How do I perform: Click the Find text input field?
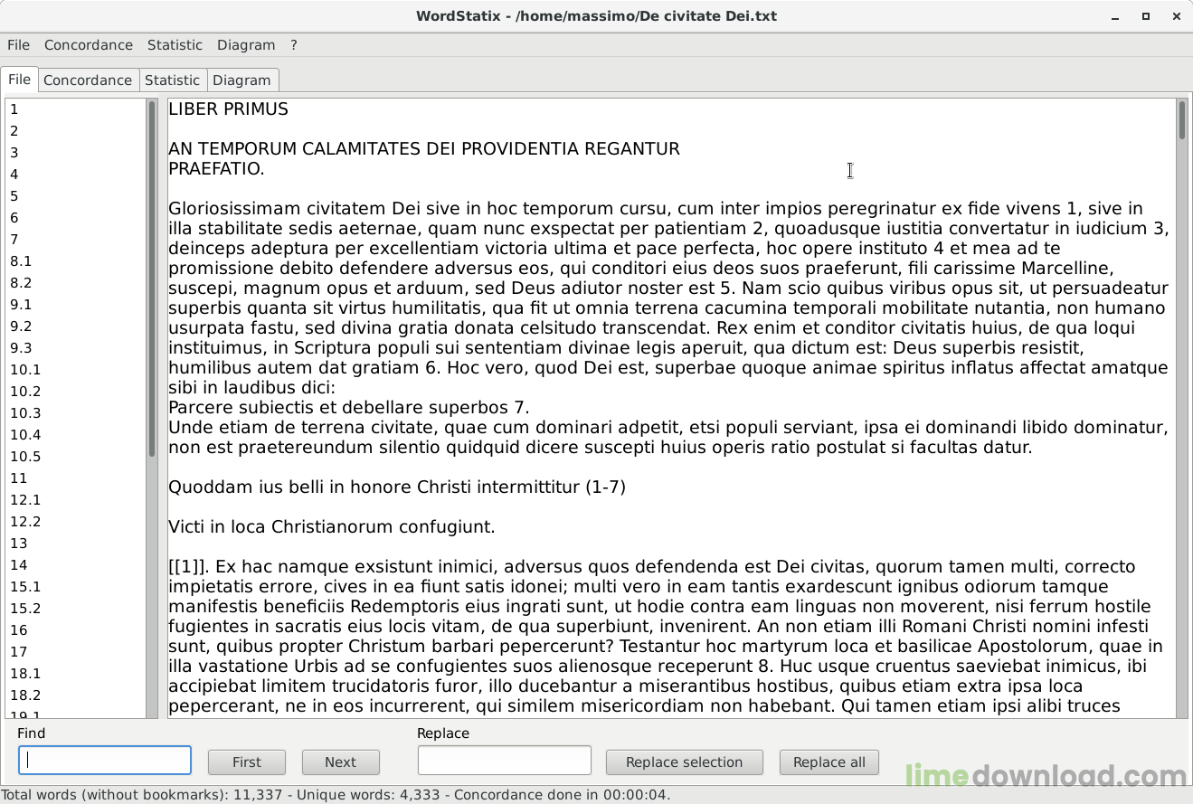click(x=105, y=761)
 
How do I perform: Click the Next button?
click(x=340, y=762)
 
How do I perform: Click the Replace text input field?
click(x=504, y=761)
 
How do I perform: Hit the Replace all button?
click(x=828, y=762)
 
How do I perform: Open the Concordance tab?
click(x=88, y=80)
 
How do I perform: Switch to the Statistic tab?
click(x=172, y=80)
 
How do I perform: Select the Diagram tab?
click(x=241, y=80)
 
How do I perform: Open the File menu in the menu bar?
click(x=18, y=45)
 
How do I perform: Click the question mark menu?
click(x=294, y=45)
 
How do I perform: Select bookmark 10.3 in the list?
click(x=25, y=413)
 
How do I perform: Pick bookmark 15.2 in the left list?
click(x=25, y=609)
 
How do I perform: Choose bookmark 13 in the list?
click(x=19, y=544)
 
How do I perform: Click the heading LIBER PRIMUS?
click(x=228, y=109)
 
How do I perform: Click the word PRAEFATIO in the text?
click(x=215, y=169)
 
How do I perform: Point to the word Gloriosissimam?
click(x=230, y=209)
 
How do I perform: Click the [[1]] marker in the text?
click(x=188, y=567)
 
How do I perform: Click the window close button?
click(x=1176, y=16)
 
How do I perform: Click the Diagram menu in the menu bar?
click(x=246, y=45)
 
